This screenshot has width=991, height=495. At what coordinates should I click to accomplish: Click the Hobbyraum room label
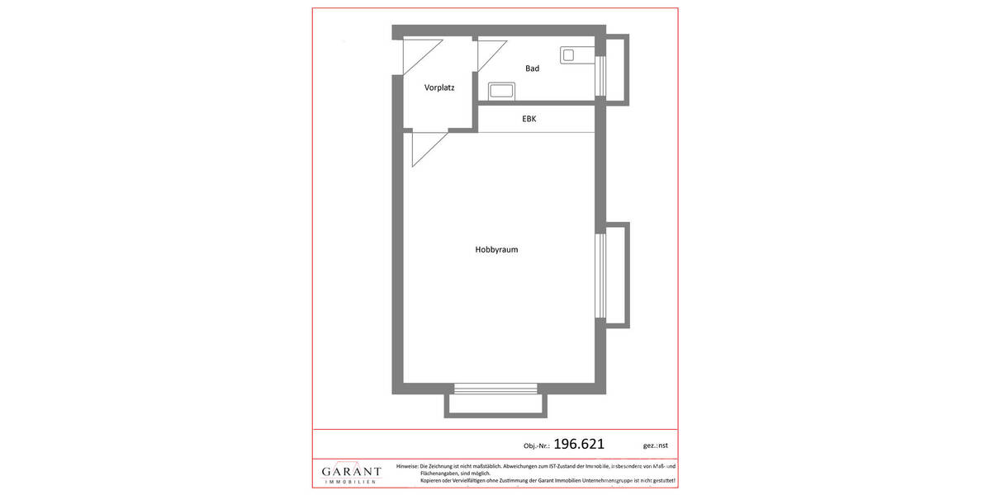[496, 249]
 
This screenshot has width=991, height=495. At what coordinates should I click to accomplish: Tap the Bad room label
[532, 68]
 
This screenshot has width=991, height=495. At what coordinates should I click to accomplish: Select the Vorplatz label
[439, 87]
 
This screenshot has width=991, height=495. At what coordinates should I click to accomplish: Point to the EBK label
[529, 119]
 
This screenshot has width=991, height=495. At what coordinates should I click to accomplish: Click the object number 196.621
[578, 444]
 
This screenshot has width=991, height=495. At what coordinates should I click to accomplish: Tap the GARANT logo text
[352, 472]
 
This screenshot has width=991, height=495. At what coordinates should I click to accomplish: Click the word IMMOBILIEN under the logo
[352, 481]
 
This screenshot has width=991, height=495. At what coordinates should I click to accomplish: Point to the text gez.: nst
[655, 445]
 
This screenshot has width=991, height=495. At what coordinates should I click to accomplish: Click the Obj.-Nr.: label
[537, 445]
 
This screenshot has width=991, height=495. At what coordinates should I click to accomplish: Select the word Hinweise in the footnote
[407, 466]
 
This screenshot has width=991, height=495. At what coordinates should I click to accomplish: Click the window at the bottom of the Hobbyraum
[495, 389]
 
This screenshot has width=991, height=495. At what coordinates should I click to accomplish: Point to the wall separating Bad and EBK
[537, 103]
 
